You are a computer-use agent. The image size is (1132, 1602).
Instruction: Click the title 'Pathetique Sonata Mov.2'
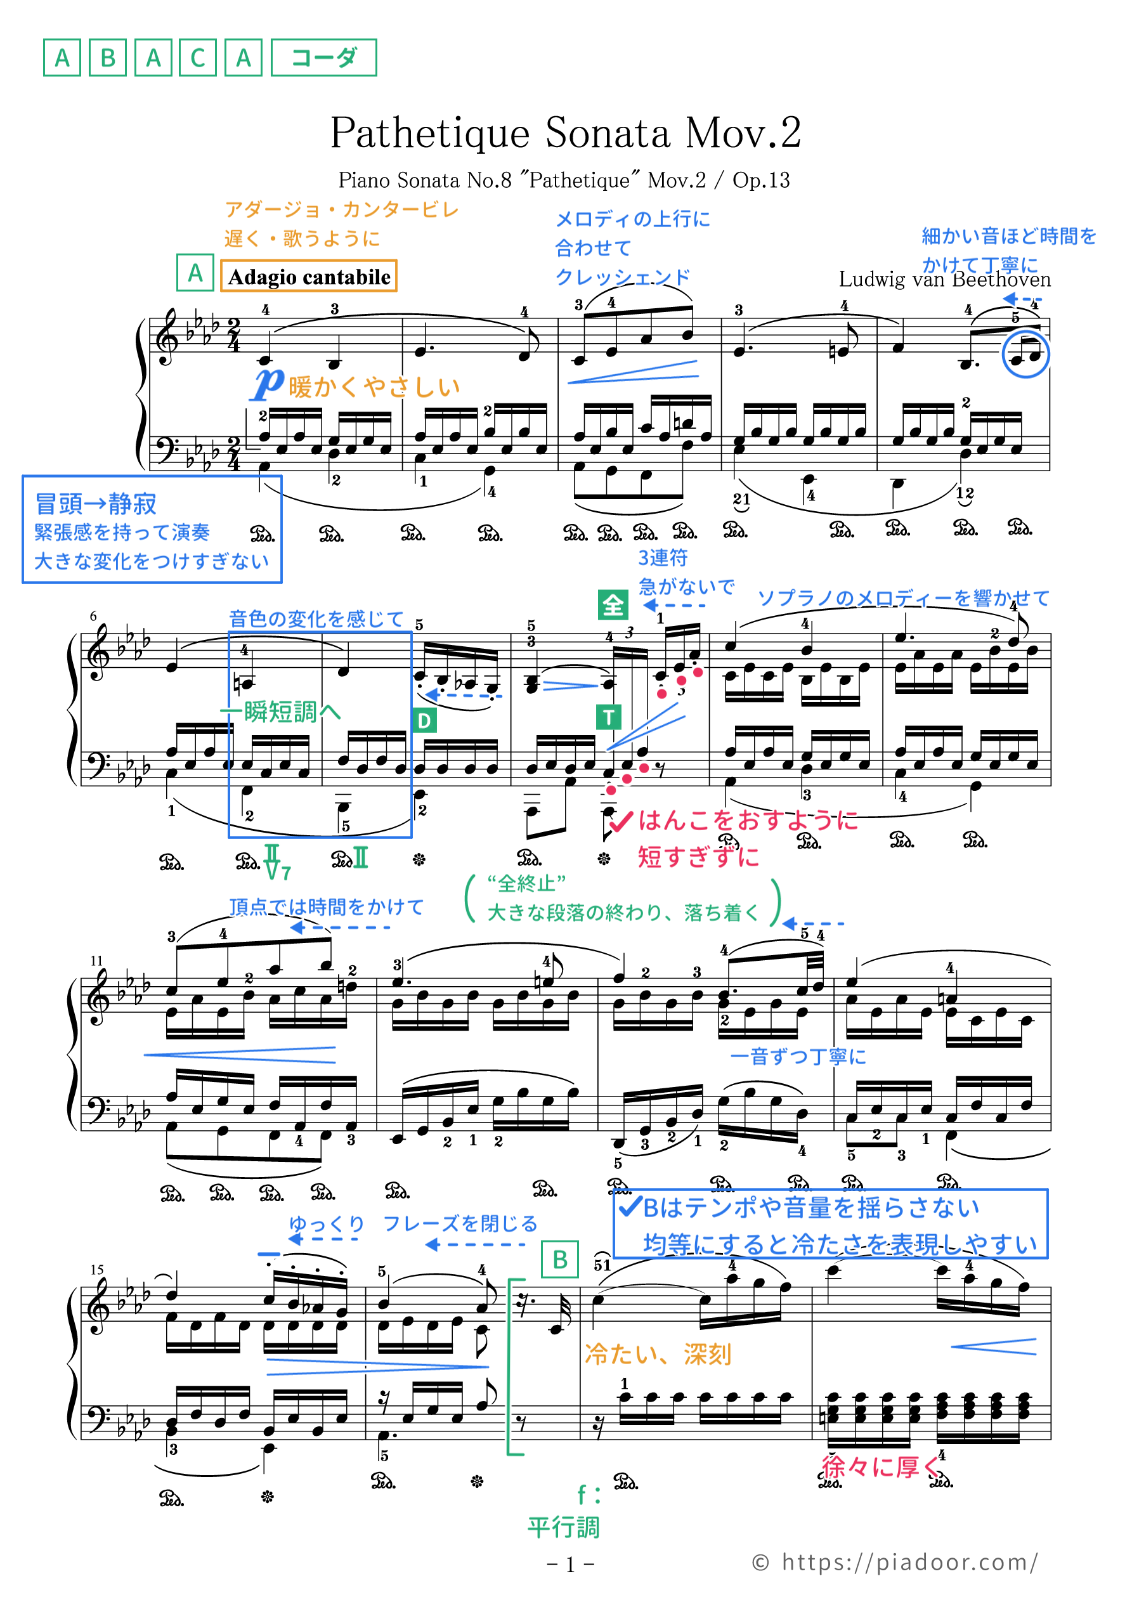tap(565, 133)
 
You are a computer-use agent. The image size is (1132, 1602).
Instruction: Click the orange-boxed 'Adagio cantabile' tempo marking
tap(308, 277)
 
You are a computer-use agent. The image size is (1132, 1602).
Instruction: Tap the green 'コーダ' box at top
tap(324, 57)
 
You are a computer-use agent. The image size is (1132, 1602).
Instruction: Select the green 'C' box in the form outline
tap(198, 57)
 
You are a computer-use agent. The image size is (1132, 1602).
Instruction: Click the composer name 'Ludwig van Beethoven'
tap(944, 280)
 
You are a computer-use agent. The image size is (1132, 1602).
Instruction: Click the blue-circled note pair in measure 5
tap(1025, 355)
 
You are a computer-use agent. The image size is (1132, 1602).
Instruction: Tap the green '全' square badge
tap(613, 605)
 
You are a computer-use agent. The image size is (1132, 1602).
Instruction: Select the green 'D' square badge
tap(424, 720)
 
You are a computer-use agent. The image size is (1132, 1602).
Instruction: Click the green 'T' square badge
tap(609, 717)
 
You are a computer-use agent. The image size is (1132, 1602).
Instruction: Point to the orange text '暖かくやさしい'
tap(374, 386)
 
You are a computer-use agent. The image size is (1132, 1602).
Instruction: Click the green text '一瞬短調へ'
tap(280, 712)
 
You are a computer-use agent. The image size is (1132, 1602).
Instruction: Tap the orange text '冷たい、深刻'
tap(658, 1354)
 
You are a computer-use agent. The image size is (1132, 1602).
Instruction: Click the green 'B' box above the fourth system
tap(560, 1260)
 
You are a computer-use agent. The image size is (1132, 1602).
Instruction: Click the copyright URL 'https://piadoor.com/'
tap(909, 1561)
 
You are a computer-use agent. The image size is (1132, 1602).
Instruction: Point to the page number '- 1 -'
tap(570, 1565)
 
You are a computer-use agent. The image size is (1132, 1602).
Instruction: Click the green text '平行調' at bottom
tap(563, 1527)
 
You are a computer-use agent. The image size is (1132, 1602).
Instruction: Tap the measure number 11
tap(96, 961)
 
